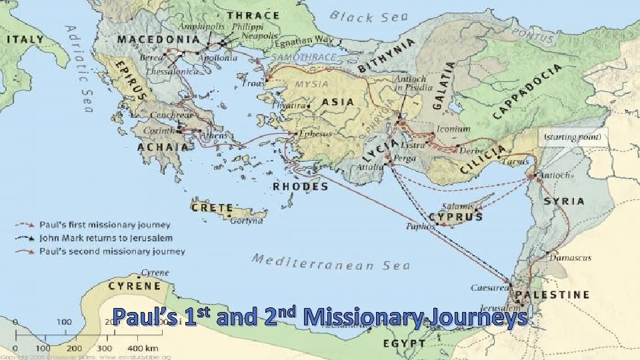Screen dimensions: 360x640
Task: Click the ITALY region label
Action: [25, 39]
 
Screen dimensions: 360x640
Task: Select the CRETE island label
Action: [212, 208]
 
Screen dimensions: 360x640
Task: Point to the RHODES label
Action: [301, 187]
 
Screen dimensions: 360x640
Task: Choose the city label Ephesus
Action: [316, 133]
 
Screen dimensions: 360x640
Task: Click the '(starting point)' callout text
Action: [573, 137]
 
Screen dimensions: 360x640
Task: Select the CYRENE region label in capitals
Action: [134, 286]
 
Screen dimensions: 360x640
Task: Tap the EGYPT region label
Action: [404, 344]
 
